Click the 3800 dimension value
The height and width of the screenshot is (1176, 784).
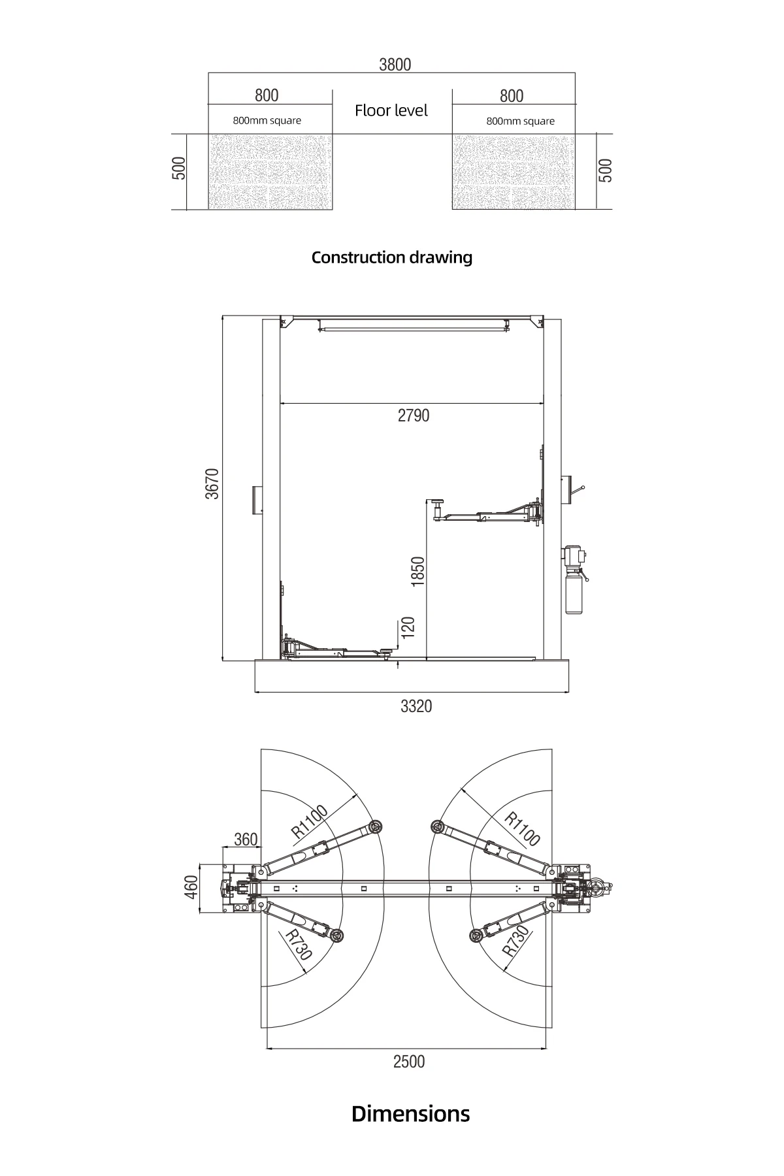click(395, 64)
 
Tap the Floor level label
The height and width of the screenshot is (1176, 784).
click(391, 110)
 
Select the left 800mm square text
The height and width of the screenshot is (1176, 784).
click(267, 121)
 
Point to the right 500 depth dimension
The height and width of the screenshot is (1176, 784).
click(606, 171)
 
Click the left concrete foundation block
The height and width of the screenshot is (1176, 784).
click(270, 172)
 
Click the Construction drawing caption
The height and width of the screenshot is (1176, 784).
click(391, 257)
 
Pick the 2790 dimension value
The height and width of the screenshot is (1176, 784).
click(414, 416)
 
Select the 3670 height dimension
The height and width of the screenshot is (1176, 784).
click(212, 483)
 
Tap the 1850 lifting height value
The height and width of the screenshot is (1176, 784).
click(418, 570)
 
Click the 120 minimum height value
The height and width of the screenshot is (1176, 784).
click(408, 628)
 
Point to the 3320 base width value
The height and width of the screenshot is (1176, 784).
click(416, 706)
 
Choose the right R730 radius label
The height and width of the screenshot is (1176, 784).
click(515, 941)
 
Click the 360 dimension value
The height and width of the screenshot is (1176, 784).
click(245, 840)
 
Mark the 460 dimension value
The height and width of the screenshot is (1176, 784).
click(190, 887)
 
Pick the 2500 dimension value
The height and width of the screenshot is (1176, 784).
click(408, 1062)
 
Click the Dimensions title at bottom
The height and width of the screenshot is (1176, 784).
click(410, 1113)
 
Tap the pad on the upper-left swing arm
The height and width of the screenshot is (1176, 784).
click(375, 827)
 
